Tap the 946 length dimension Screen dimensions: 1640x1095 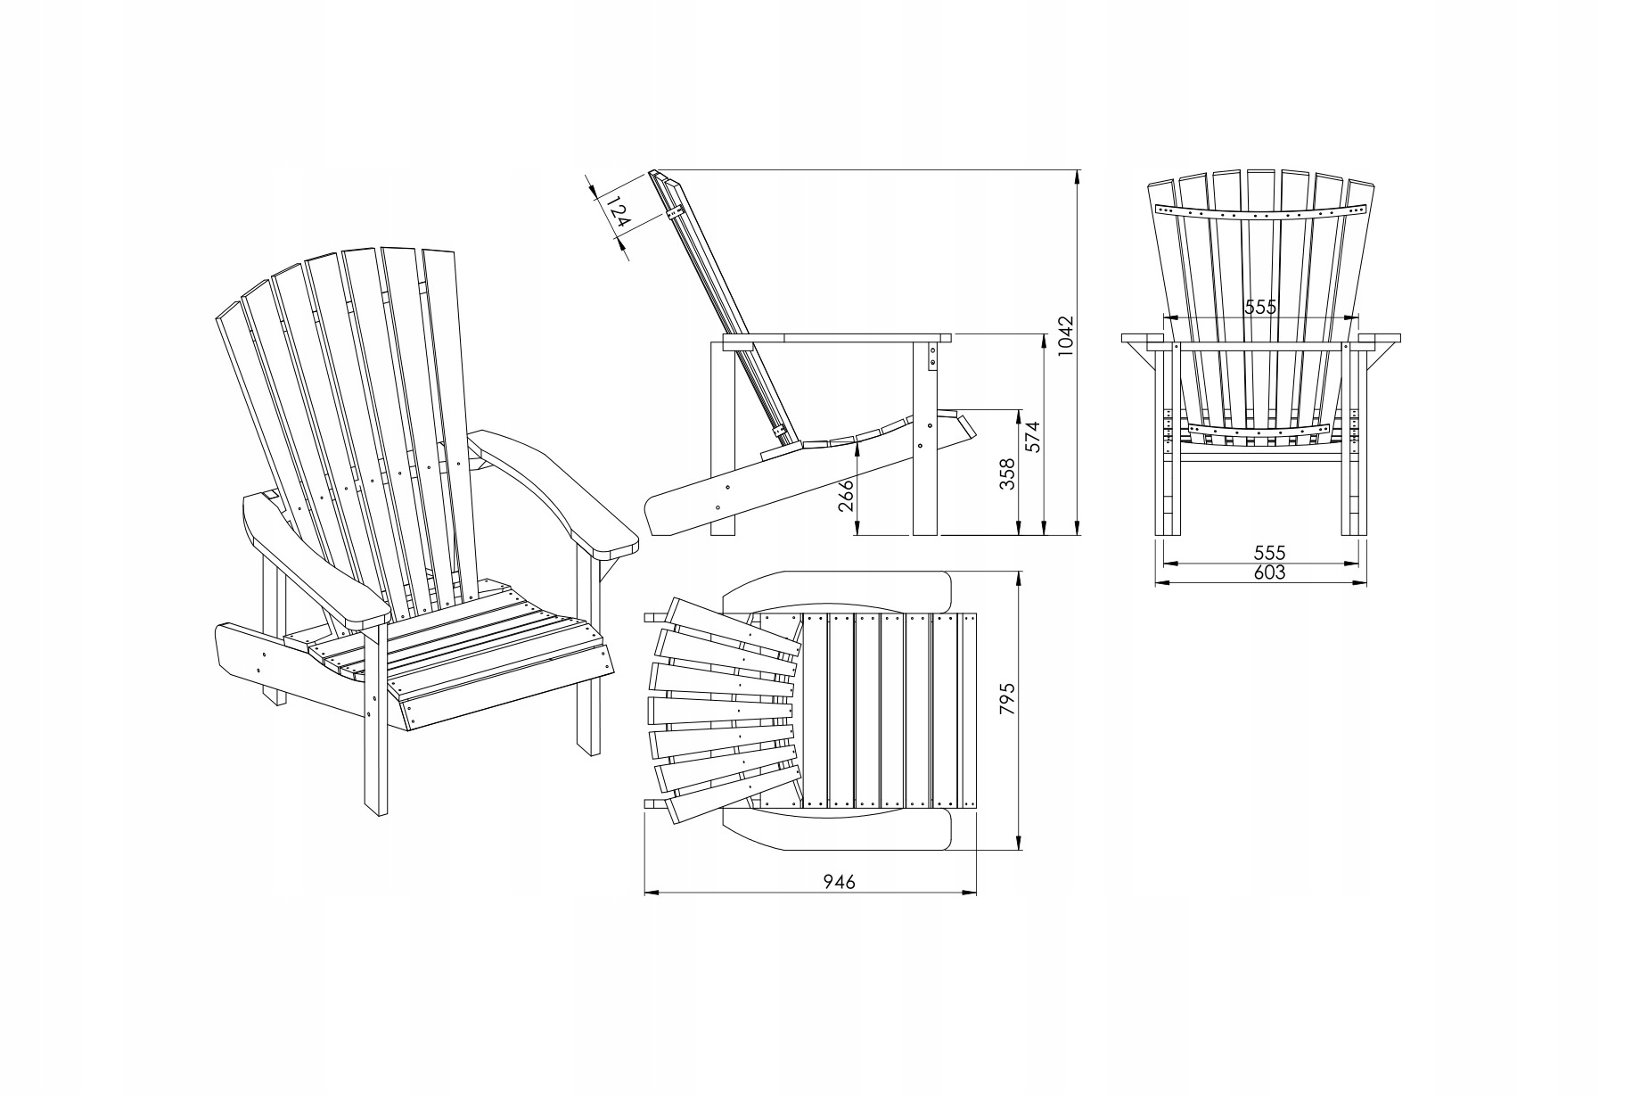838,882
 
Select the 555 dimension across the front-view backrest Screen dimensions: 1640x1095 1261,307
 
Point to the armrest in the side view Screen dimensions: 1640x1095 838,339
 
